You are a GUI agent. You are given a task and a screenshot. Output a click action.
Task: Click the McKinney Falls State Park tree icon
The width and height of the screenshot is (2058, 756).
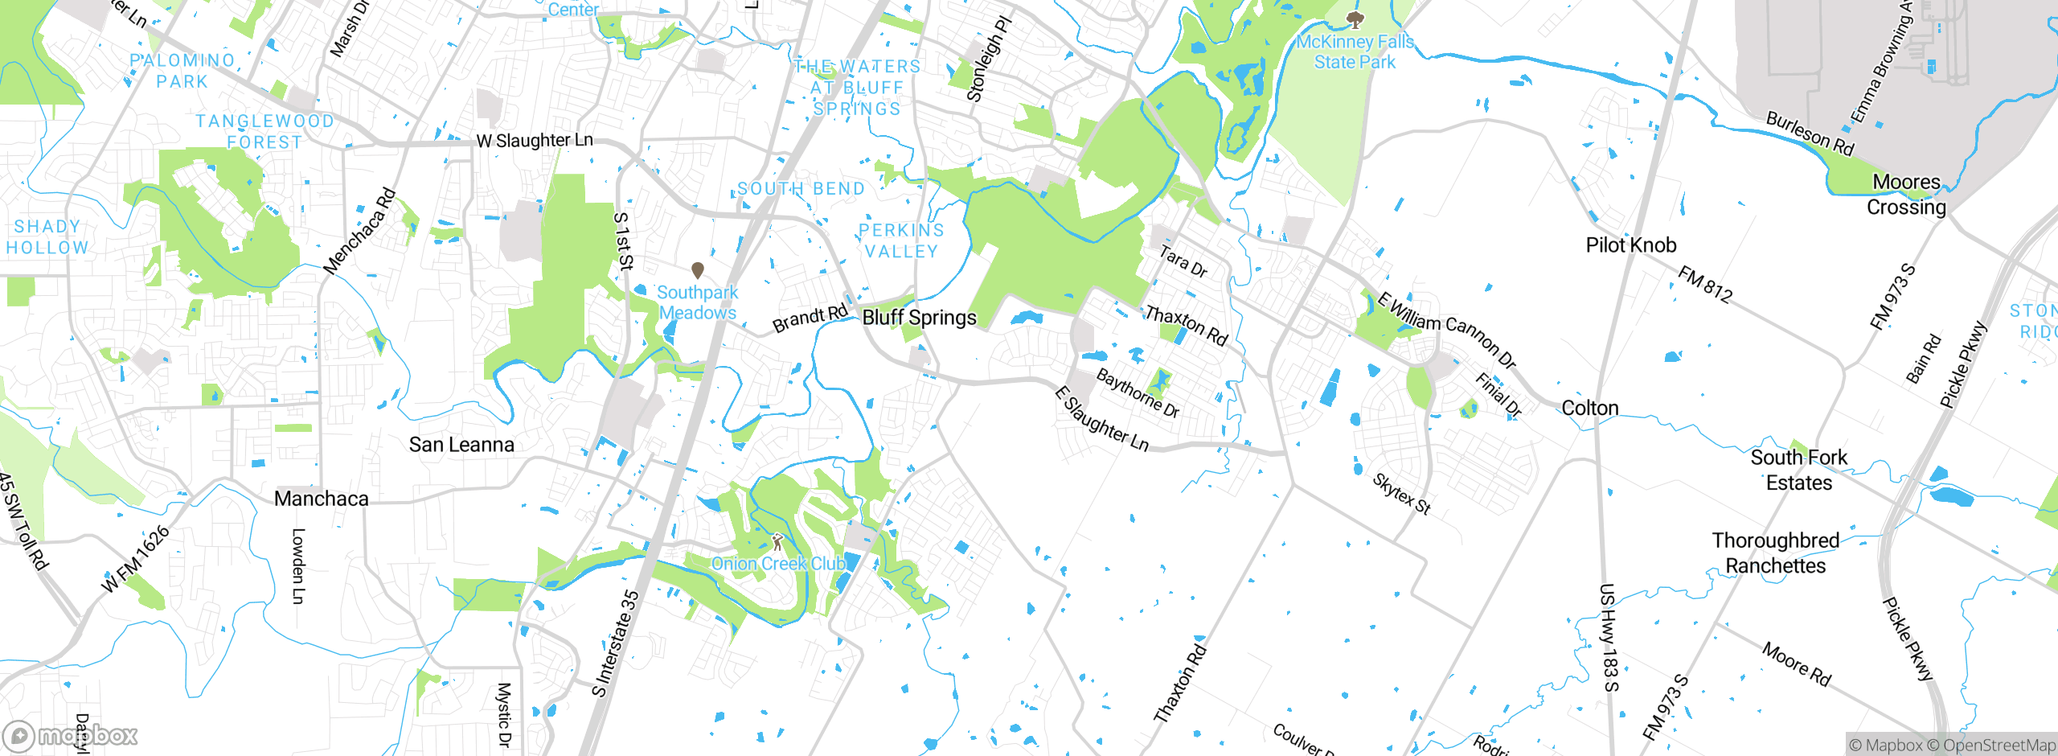pyautogui.click(x=1355, y=19)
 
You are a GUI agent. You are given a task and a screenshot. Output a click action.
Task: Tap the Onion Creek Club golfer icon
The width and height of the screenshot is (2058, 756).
pyautogui.click(x=777, y=541)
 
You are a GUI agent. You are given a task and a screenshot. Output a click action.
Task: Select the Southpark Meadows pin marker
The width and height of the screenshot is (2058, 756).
pyautogui.click(x=698, y=270)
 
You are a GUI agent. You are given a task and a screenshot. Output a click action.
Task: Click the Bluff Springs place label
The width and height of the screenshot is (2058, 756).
pyautogui.click(x=919, y=318)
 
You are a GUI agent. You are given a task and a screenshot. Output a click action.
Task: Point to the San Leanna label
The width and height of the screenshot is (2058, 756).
pyautogui.click(x=461, y=445)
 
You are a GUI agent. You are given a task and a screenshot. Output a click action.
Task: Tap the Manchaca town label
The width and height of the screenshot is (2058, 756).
pyautogui.click(x=322, y=499)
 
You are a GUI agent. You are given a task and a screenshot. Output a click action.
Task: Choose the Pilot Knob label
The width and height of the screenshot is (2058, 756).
pyautogui.click(x=1631, y=245)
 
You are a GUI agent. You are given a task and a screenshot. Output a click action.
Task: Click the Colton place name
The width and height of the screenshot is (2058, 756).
pyautogui.click(x=1589, y=409)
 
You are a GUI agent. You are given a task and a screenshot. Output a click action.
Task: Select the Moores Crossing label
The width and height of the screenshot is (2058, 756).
pyautogui.click(x=1906, y=195)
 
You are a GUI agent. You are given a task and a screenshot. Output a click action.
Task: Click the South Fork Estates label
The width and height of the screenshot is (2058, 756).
pyautogui.click(x=1799, y=470)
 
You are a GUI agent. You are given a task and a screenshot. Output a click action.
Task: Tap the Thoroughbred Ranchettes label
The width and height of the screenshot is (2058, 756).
pyautogui.click(x=1776, y=553)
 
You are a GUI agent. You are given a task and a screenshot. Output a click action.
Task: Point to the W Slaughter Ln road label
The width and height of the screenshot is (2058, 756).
pyautogui.click(x=535, y=141)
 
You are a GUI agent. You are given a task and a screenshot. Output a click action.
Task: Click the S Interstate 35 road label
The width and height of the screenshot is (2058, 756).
pyautogui.click(x=616, y=643)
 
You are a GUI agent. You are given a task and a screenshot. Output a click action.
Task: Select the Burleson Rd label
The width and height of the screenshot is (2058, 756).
pyautogui.click(x=1810, y=134)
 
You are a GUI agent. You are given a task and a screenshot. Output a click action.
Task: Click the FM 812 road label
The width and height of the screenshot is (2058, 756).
pyautogui.click(x=1705, y=285)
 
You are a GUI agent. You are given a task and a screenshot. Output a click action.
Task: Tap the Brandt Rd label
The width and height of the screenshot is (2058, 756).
pyautogui.click(x=810, y=318)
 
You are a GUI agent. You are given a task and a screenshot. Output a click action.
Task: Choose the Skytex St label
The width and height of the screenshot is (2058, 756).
pyautogui.click(x=1401, y=494)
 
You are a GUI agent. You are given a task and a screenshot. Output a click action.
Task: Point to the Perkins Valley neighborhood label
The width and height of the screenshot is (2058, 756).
pyautogui.click(x=901, y=241)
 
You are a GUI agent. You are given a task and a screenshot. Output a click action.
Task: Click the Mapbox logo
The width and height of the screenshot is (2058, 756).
pyautogui.click(x=71, y=735)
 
